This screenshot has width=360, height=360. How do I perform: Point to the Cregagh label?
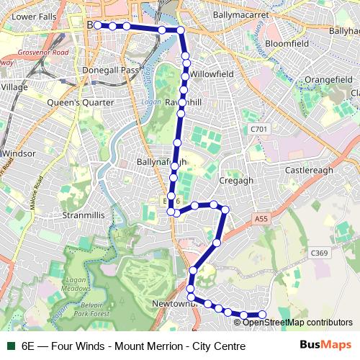point(236,181)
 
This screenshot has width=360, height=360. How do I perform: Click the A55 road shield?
point(260,219)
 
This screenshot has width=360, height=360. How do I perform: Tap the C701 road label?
point(259,129)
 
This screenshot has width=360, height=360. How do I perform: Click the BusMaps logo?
point(326,346)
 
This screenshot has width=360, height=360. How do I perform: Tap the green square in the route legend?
point(9,346)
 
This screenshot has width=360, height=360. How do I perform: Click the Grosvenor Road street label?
point(43,53)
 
